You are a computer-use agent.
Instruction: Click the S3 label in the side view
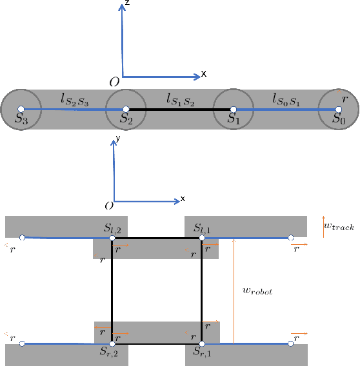click(22, 119)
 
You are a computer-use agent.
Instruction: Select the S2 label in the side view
click(127, 119)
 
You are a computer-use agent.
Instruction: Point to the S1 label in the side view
click(234, 119)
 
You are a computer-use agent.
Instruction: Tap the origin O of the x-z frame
click(114, 81)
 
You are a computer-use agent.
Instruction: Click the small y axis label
click(117, 138)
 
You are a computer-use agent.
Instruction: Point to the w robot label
click(258, 291)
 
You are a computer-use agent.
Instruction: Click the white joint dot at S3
click(21, 109)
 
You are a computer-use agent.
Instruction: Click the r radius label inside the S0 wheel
click(345, 99)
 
